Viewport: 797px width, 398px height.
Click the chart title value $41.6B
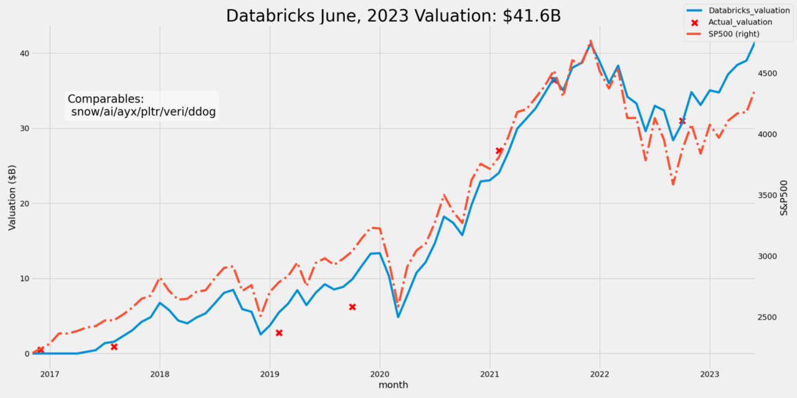[x=532, y=16]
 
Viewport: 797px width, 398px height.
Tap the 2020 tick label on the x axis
[x=379, y=374]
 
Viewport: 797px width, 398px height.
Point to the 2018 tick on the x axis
[x=159, y=374]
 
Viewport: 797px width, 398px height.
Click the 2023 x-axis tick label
[x=709, y=374]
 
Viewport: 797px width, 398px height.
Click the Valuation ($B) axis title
[x=12, y=198]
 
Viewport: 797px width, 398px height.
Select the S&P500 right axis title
[x=785, y=198]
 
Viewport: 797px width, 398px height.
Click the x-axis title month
[x=394, y=385]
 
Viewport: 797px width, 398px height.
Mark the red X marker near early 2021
[x=499, y=150]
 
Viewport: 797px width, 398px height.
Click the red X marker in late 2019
[x=352, y=307]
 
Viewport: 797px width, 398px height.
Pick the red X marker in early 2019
[x=279, y=333]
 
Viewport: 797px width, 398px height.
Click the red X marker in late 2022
[x=682, y=121]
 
